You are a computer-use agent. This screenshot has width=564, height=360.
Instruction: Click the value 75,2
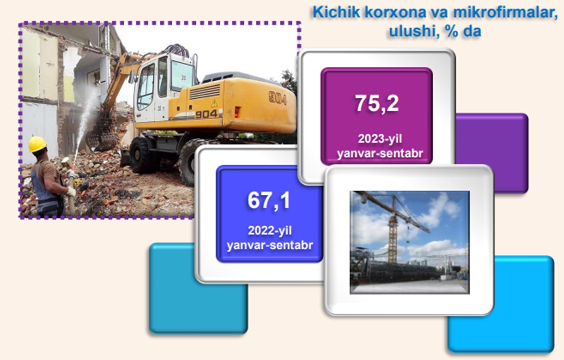(377, 103)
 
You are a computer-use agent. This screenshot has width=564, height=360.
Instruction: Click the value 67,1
(269, 200)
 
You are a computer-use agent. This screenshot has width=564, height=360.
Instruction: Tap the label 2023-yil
(380, 139)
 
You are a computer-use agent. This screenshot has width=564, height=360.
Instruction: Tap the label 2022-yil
(270, 230)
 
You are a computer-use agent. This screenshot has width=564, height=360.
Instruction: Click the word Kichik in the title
(336, 12)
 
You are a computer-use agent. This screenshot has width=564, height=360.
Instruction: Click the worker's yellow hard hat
(37, 144)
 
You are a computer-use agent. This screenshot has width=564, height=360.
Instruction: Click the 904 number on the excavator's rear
(278, 98)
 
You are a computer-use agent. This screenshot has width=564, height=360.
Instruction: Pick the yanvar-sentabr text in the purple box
(380, 153)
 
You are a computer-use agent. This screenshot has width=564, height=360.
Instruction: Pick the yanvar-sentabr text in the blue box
(270, 245)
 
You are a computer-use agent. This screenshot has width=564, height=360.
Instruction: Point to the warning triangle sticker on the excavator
(214, 104)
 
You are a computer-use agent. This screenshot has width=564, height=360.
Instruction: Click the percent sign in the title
(452, 32)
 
